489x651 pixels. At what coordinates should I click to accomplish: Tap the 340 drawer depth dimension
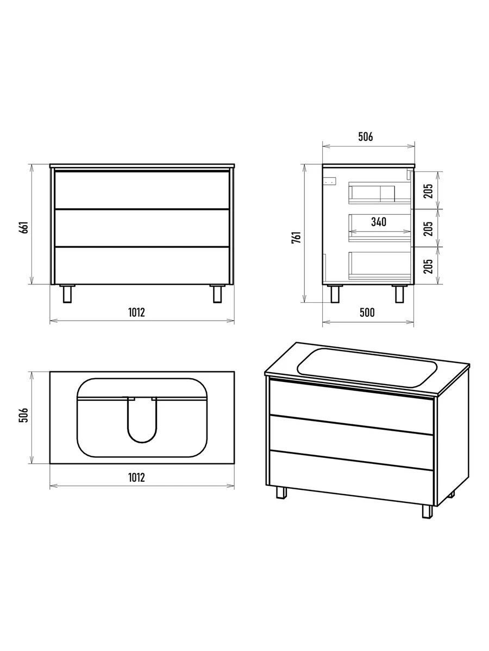pos(379,221)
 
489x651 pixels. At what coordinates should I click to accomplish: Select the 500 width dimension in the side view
pos(367,312)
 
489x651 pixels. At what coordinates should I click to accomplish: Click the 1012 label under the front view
pos(136,312)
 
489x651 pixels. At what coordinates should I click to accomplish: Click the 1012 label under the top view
pos(136,477)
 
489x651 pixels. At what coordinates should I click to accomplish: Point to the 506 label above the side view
pos(366,137)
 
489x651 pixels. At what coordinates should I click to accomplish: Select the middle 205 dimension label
pos(429,229)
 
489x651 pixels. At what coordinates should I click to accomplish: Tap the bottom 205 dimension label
pos(429,266)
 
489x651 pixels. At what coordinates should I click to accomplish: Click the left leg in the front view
pos(67,293)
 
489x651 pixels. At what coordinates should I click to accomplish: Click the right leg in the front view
pos(217,293)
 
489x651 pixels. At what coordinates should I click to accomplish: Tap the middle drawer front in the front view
pos(142,228)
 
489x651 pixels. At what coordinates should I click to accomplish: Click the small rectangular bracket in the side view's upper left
pos(330,181)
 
